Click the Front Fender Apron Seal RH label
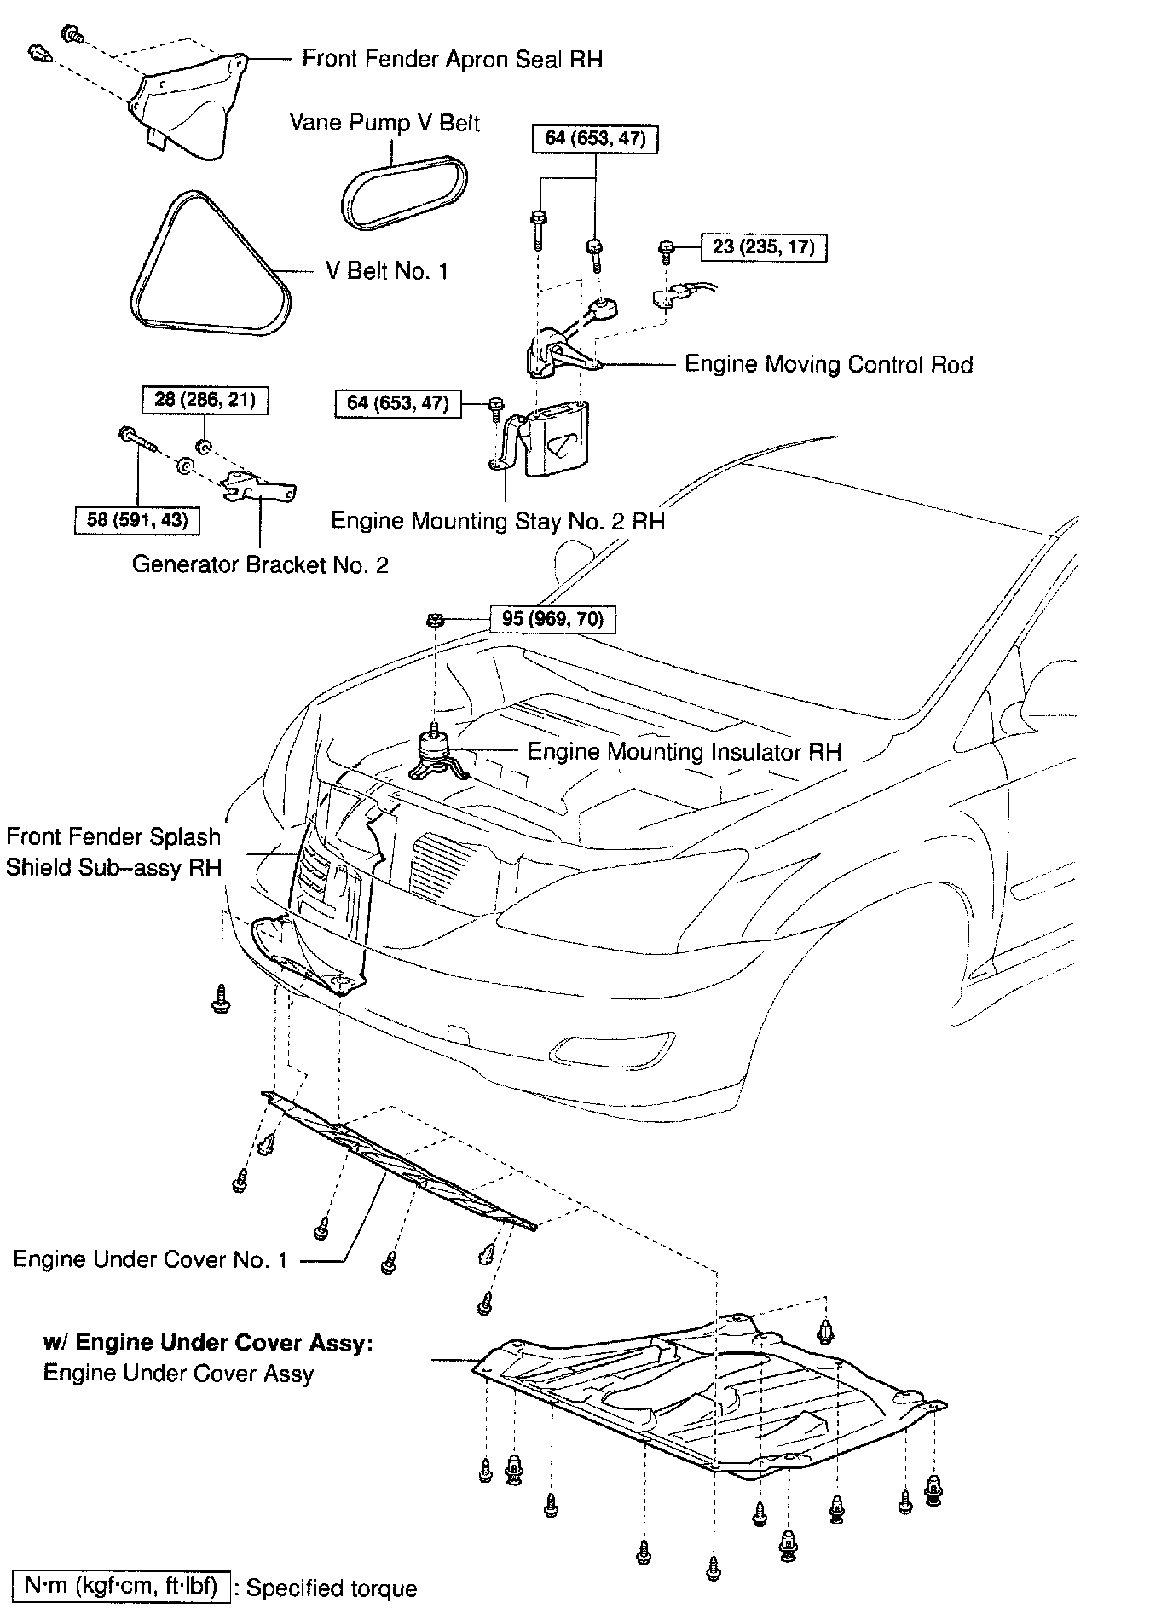coord(452,59)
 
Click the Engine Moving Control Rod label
coord(829,365)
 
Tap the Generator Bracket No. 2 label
coord(260,564)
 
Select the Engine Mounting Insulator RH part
coord(437,755)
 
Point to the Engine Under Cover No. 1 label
coord(150,1259)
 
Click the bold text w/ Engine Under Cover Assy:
coord(208,1343)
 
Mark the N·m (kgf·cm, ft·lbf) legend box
coord(120,1587)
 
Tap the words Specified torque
coord(332,1588)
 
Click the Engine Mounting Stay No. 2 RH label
coord(497,520)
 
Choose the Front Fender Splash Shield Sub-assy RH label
coord(113,852)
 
